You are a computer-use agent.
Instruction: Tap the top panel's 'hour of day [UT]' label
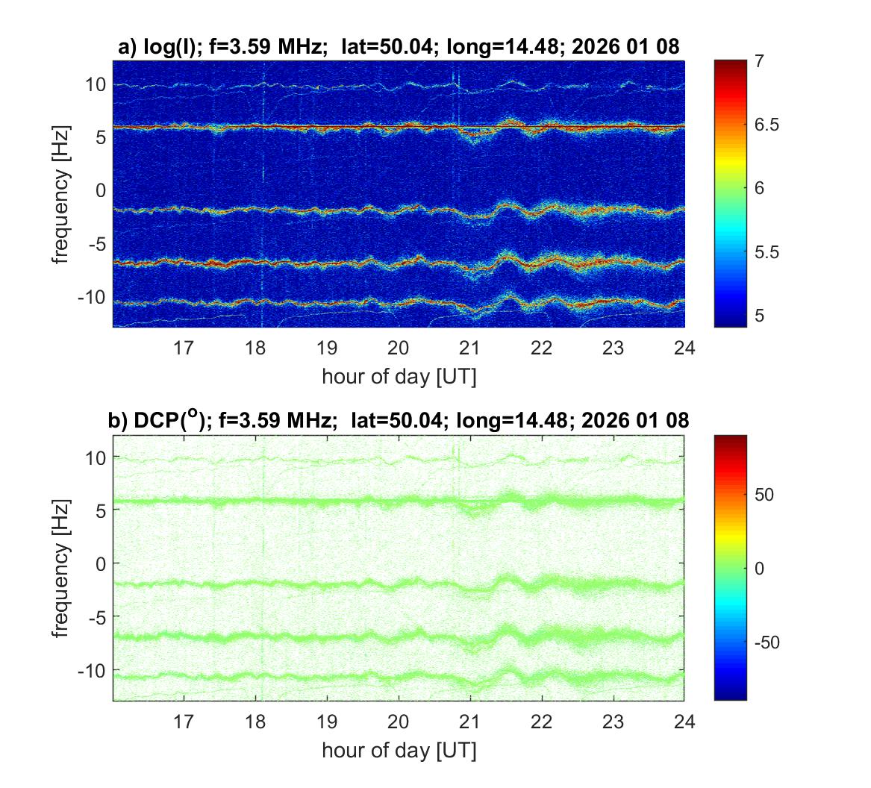[399, 376]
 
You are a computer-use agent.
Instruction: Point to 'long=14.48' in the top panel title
[505, 47]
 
